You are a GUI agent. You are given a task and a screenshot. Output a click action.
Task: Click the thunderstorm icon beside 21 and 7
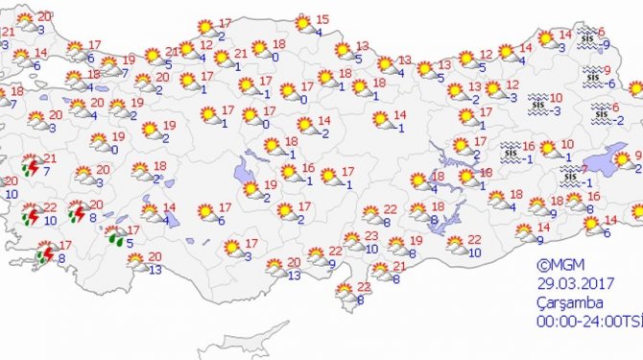[x=31, y=166]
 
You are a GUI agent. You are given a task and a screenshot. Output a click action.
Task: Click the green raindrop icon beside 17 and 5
[x=115, y=235]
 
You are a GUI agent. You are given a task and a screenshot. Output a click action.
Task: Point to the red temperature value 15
[x=322, y=19]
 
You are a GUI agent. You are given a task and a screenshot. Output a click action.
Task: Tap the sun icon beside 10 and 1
[x=548, y=149]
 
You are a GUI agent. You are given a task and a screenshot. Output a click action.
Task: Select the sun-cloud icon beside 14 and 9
[x=524, y=230]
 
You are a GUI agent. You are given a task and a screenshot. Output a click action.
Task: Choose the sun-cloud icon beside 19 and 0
[x=99, y=143]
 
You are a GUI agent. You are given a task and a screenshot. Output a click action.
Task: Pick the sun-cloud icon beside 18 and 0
[x=259, y=48]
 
